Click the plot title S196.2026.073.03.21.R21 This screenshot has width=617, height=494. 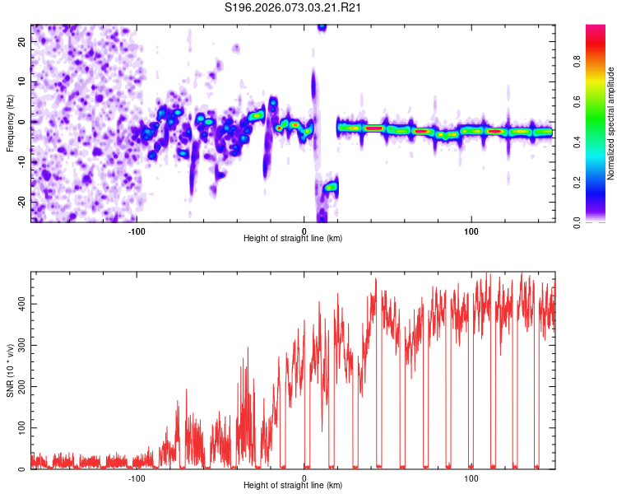(294, 7)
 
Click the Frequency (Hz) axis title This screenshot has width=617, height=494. (10, 123)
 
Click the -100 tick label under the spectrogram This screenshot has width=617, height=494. (137, 230)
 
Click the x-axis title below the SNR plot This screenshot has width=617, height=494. (293, 486)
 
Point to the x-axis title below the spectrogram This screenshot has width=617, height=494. (293, 238)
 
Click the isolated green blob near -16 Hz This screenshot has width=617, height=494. (331, 187)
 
